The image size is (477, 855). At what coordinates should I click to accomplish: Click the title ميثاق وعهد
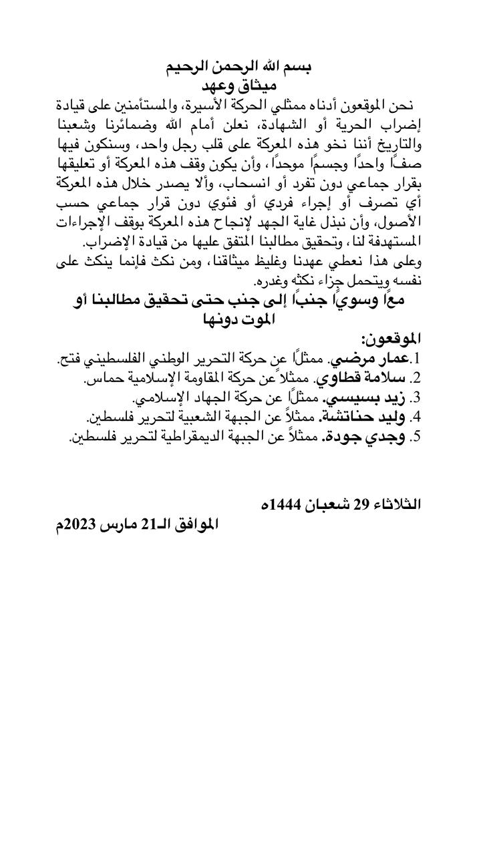(x=238, y=86)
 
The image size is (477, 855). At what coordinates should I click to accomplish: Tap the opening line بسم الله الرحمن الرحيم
(x=238, y=67)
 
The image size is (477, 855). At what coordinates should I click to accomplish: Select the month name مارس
(x=120, y=524)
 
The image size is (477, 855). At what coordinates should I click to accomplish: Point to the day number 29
(x=361, y=504)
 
